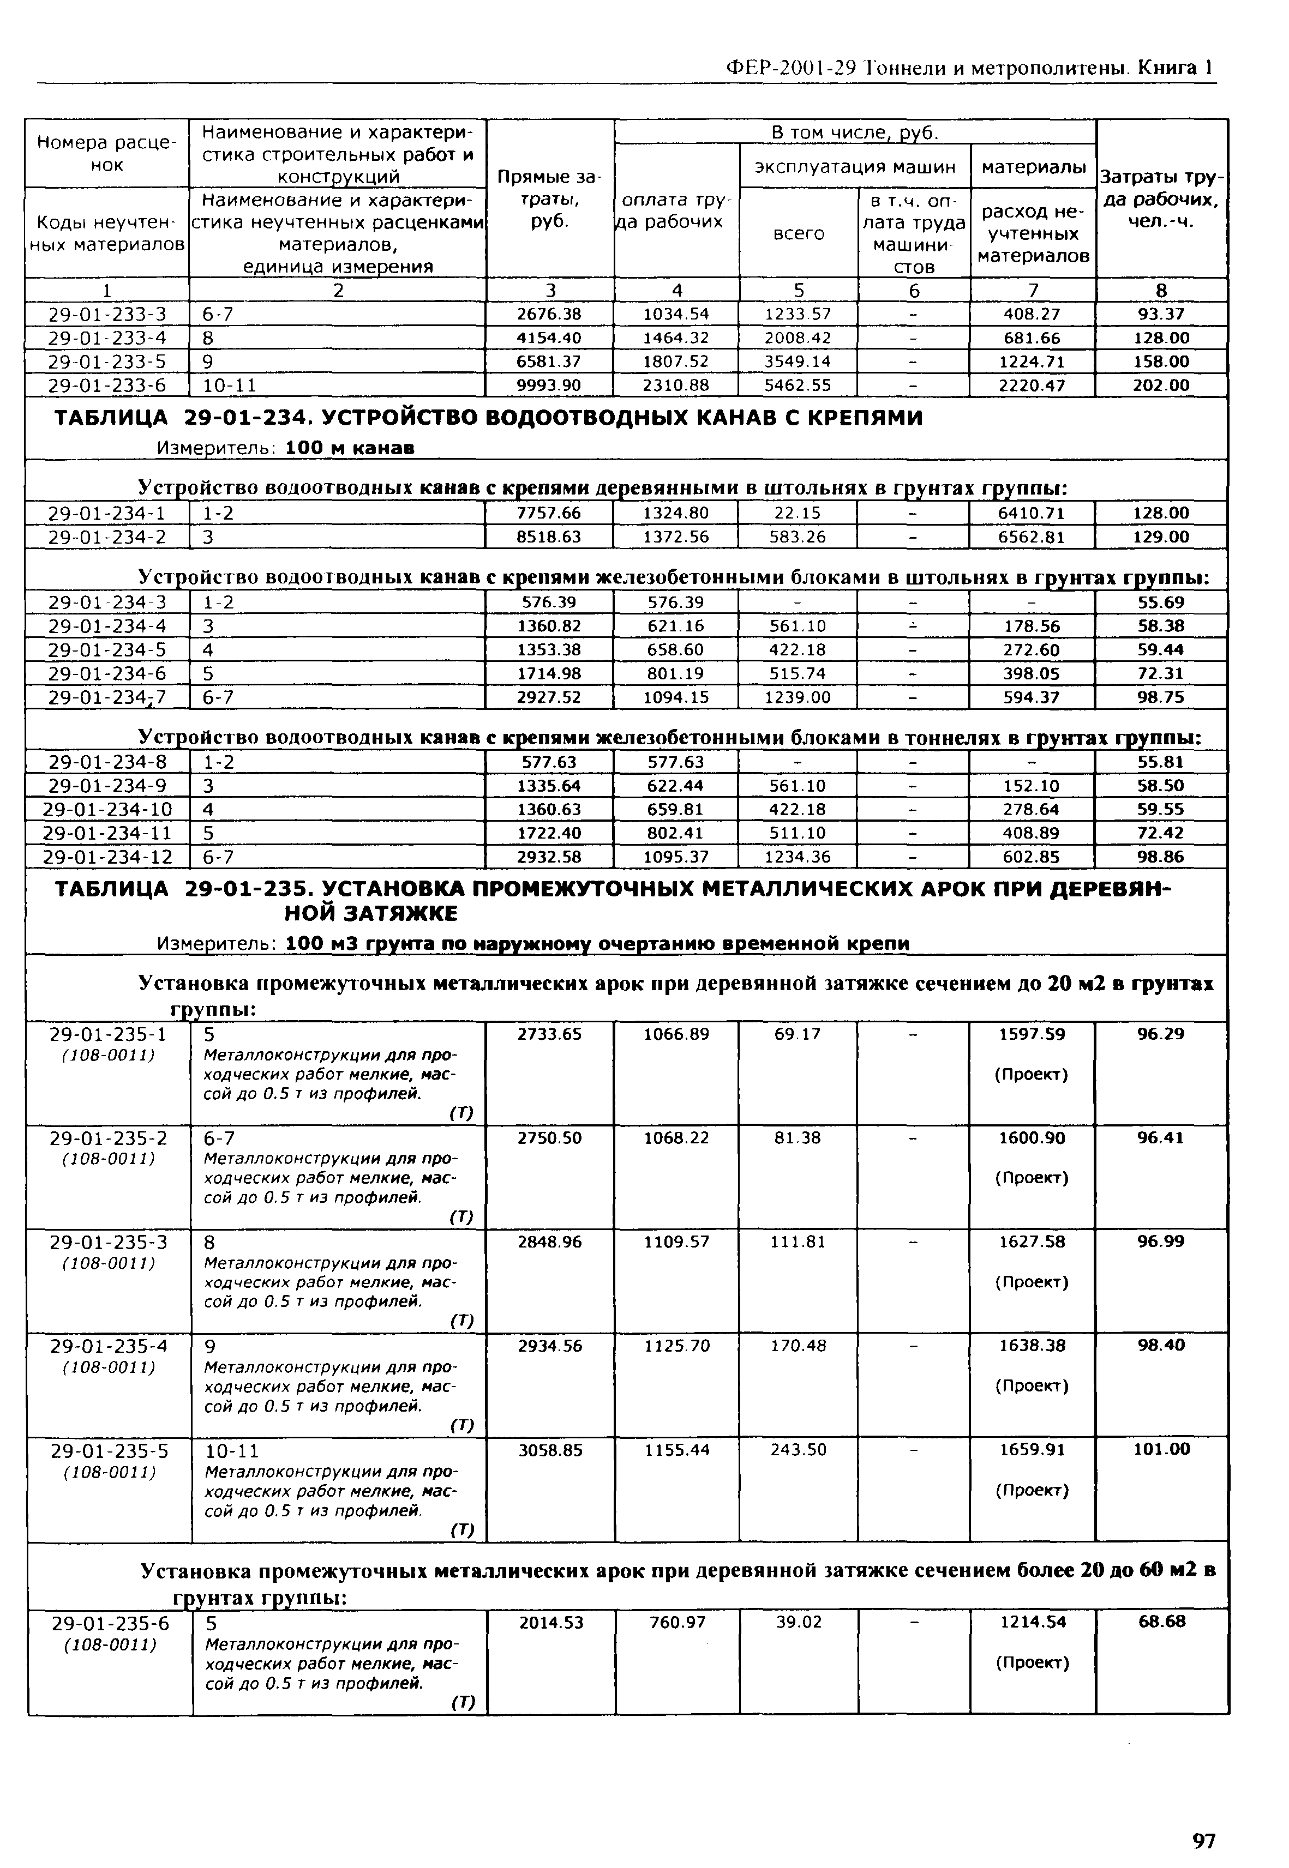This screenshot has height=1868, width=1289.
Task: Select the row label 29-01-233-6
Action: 106,385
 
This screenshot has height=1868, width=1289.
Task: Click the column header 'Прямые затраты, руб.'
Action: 549,198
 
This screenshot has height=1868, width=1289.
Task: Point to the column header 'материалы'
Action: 1033,166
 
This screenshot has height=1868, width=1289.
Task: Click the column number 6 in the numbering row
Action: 914,290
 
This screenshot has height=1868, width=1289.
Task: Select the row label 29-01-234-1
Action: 106,513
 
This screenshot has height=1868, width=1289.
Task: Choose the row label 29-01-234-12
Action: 106,857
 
